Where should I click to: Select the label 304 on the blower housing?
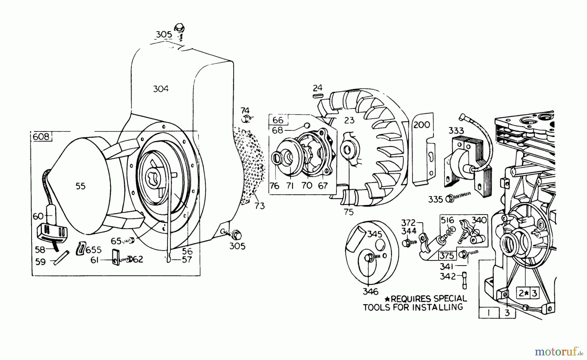(x=161, y=89)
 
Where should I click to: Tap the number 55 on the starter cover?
(x=80, y=186)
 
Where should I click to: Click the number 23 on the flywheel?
(x=349, y=120)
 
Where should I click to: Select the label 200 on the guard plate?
(x=422, y=125)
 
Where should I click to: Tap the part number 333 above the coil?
(x=456, y=131)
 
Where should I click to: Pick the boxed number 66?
(x=278, y=120)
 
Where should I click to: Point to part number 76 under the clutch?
(x=275, y=186)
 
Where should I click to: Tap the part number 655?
(x=93, y=250)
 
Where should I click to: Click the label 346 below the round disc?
(x=370, y=291)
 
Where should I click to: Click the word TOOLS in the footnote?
(x=379, y=307)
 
